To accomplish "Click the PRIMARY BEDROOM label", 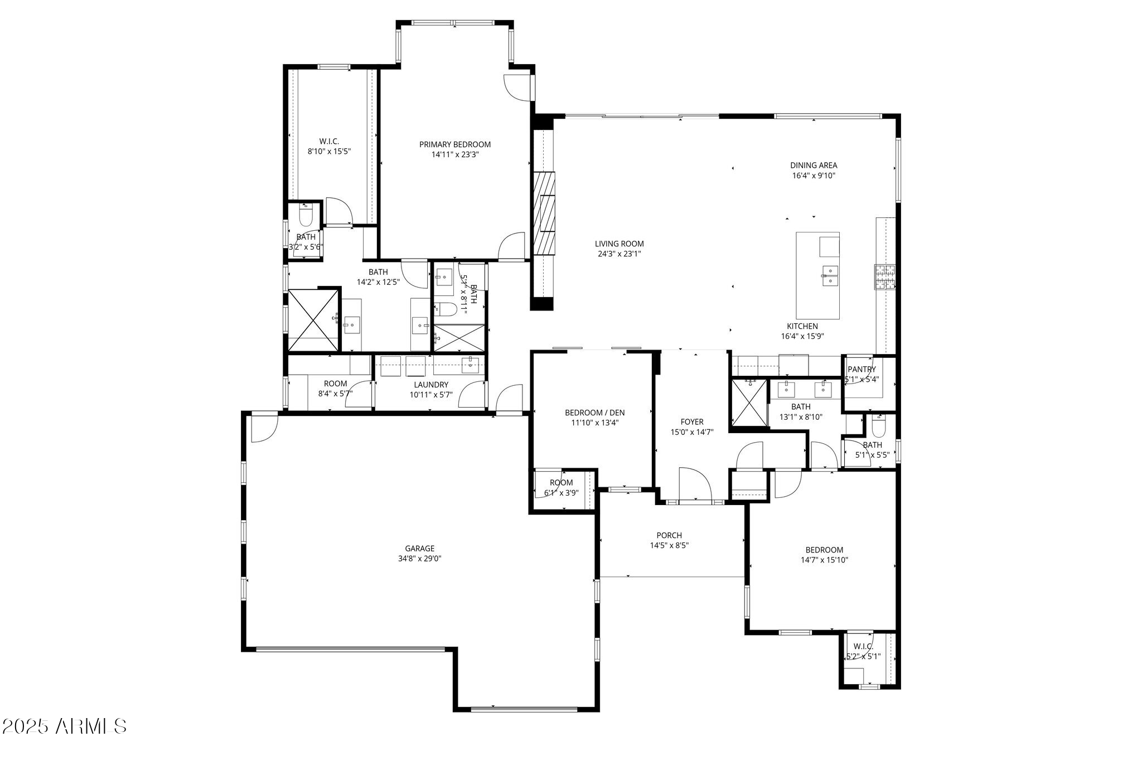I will coord(455,144).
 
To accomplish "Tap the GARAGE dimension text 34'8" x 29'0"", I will coord(419,559).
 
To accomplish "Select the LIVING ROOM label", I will coord(619,244).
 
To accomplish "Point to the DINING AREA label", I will coord(814,165).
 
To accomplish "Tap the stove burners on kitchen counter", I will coord(884,277).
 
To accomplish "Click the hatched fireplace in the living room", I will coord(544,212).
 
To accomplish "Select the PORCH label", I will coord(669,535).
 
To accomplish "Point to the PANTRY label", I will coord(862,369).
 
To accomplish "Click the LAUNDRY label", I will coord(431,385).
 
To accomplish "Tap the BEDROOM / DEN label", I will coord(594,413).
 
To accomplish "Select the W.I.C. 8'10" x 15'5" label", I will coord(329,142).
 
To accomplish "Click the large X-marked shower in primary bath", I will coord(313,320).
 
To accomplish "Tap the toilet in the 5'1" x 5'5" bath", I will coord(878,428).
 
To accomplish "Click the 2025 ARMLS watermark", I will coord(64,726).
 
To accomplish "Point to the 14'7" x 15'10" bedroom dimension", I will coord(824,560).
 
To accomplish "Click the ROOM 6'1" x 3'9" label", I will coord(561,483).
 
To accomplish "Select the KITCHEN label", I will coord(802,326).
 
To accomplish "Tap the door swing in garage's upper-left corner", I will coord(263,428).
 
